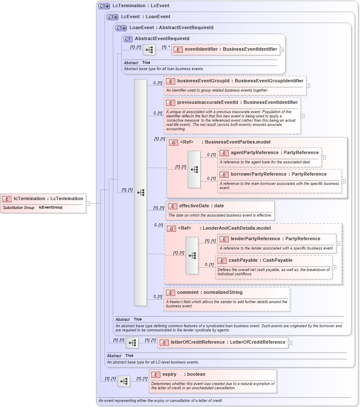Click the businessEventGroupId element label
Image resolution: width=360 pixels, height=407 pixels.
click(240, 81)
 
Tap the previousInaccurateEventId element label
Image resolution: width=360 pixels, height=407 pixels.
click(237, 103)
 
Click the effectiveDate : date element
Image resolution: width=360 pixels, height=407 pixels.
click(201, 206)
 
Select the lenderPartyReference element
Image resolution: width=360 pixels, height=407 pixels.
click(275, 239)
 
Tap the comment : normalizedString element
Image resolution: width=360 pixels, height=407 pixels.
click(209, 292)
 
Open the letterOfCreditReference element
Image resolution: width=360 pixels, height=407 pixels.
click(227, 342)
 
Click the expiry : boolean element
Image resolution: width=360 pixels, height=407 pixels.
click(184, 374)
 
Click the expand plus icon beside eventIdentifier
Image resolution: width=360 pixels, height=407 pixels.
click(282, 49)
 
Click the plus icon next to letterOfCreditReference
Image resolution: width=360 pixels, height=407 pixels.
click(290, 342)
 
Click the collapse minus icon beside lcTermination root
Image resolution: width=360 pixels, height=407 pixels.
click(88, 203)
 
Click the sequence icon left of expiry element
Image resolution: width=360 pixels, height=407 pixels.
click(124, 381)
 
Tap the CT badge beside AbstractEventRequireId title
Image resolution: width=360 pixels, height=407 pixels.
click(128, 39)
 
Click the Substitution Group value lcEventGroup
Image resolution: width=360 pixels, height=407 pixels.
click(50, 208)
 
